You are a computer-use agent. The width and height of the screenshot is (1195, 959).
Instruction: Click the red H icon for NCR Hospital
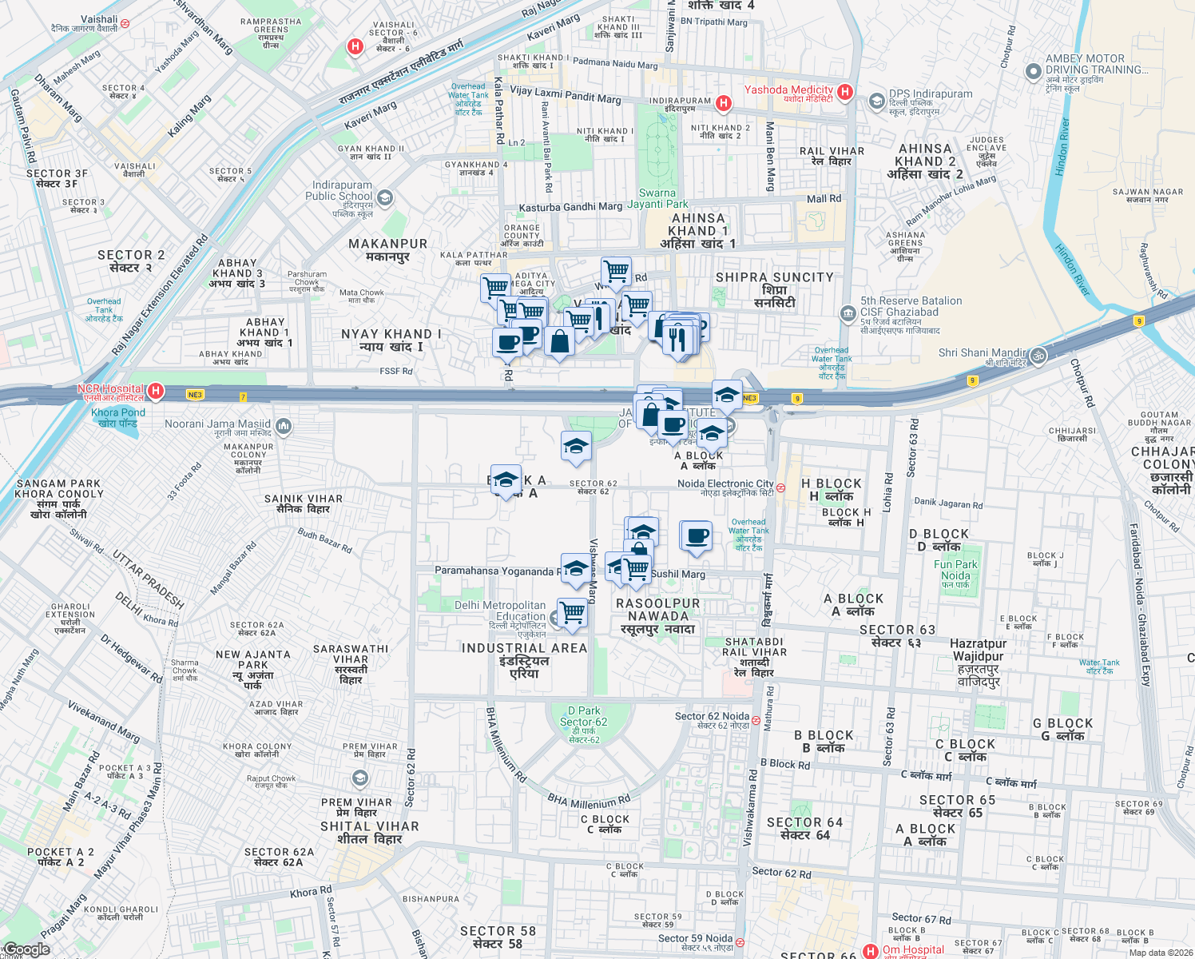tap(156, 391)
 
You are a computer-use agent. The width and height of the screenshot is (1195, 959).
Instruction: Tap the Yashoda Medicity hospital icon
tap(845, 92)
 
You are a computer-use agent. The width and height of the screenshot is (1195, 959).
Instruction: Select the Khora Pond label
tap(118, 418)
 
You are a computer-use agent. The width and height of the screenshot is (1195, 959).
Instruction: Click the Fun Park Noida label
tap(955, 570)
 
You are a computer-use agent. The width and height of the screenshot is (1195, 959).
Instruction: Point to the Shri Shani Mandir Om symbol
tap(1038, 356)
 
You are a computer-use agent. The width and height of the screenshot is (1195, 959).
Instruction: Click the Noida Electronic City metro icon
tap(780, 487)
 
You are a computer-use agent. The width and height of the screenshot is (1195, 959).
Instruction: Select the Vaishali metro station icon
tap(125, 24)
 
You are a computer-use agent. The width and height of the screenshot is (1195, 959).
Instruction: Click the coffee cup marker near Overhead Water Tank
tap(696, 535)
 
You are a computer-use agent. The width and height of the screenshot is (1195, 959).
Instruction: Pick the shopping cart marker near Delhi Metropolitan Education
tap(572, 613)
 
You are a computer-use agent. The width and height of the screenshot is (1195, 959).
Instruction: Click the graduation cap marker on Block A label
tap(506, 480)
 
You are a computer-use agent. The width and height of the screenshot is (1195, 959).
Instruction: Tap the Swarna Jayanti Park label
tap(657, 198)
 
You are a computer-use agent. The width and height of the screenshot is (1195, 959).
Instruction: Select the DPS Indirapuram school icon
tap(877, 101)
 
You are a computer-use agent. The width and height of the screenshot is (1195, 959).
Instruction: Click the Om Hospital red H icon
tap(871, 951)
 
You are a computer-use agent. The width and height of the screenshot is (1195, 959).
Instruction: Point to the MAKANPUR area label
tap(387, 249)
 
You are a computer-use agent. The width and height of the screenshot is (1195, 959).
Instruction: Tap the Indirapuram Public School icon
tap(384, 197)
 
